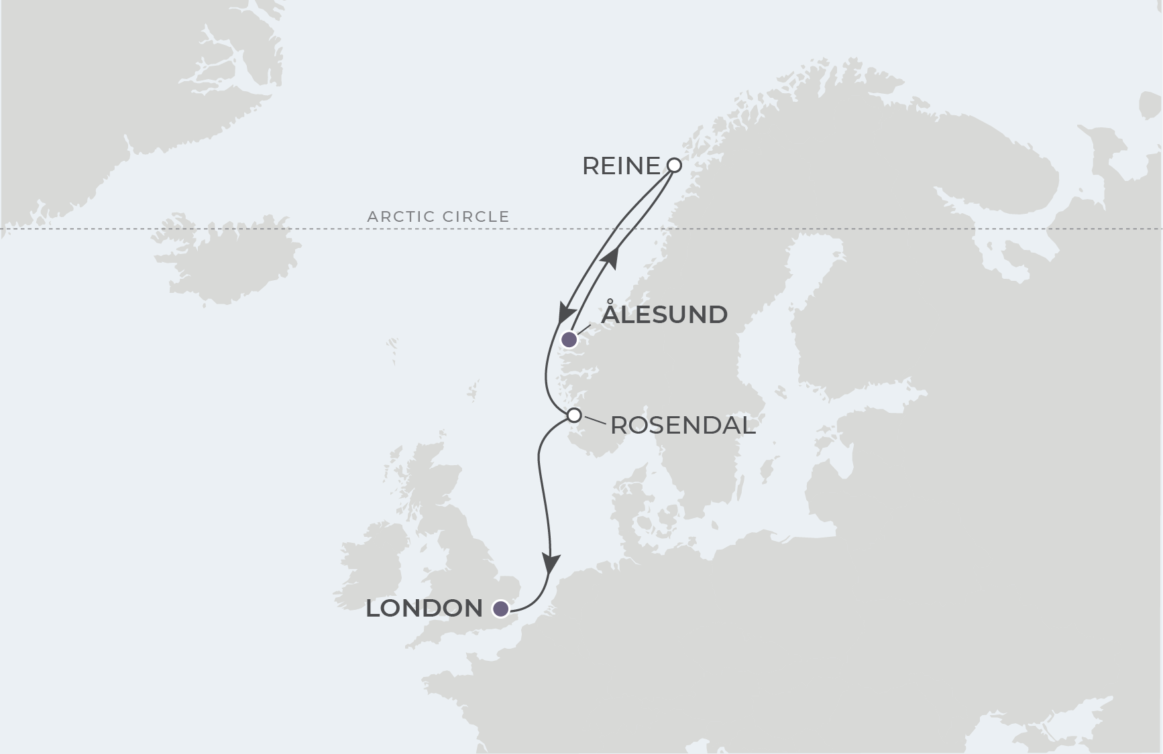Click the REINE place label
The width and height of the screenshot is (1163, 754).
coord(621,166)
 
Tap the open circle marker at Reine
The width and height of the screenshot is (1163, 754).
coord(675,165)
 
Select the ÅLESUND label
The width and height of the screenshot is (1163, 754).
coord(664,314)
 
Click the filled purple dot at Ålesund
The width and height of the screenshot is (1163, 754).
coord(569,340)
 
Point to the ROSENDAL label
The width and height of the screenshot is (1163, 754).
coord(683,426)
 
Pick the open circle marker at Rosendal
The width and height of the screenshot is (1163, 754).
coord(574,416)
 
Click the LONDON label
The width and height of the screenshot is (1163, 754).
coord(424,609)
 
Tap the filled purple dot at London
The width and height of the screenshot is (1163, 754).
coord(500,609)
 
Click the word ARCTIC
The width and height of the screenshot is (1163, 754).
coord(399,216)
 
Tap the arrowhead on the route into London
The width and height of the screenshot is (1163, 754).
coord(551,564)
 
